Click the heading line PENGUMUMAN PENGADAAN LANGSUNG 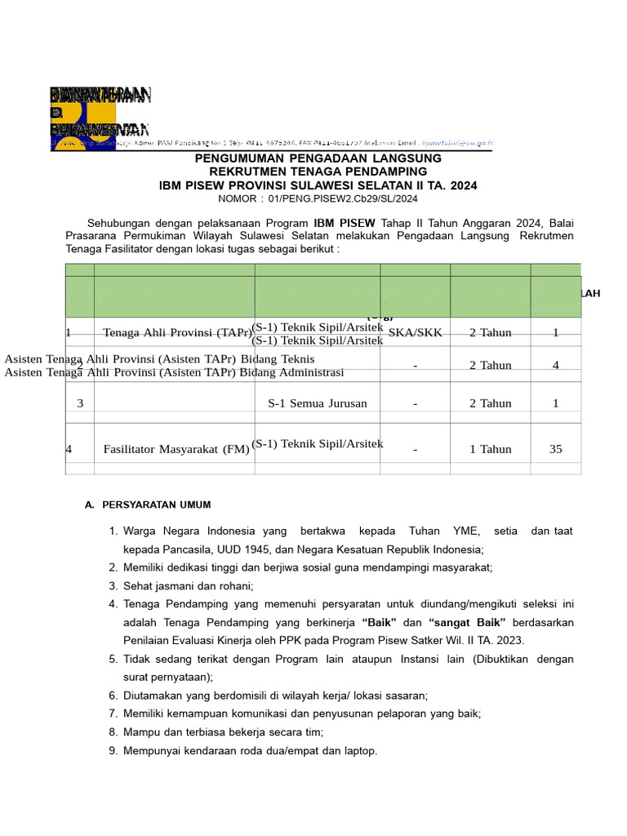tap(318, 158)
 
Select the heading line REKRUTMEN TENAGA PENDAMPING tap(318, 171)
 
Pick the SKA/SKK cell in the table tap(416, 332)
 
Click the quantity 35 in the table tap(555, 449)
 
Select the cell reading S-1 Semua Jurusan tap(318, 403)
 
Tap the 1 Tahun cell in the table tap(490, 449)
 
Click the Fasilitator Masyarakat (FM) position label tap(176, 449)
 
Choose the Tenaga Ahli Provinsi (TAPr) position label tap(177, 332)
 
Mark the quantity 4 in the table tap(555, 366)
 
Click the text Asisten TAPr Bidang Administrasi tap(174, 372)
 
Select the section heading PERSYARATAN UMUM tap(155, 505)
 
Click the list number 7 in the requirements tap(113, 714)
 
